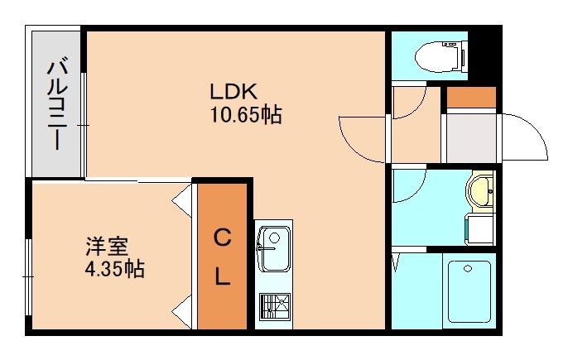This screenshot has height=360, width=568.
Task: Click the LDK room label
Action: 233,92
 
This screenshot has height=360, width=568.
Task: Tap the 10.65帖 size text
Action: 246,115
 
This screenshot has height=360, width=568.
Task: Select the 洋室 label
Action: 107,247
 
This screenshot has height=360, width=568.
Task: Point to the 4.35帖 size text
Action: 114,269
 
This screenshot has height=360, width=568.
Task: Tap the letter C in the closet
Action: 223,238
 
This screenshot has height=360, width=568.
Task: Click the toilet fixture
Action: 440,56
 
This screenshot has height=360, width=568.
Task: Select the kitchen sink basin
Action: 274,249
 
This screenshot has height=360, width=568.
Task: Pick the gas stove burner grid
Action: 275,306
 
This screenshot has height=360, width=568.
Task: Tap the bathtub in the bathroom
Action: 469,292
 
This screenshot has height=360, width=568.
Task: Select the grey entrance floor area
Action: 471,138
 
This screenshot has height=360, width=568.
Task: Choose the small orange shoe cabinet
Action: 471,97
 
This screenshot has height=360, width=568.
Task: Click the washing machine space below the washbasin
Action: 480,229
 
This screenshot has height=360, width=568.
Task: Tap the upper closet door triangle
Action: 183,200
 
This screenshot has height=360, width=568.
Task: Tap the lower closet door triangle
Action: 183,311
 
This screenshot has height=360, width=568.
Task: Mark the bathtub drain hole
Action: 468,269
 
